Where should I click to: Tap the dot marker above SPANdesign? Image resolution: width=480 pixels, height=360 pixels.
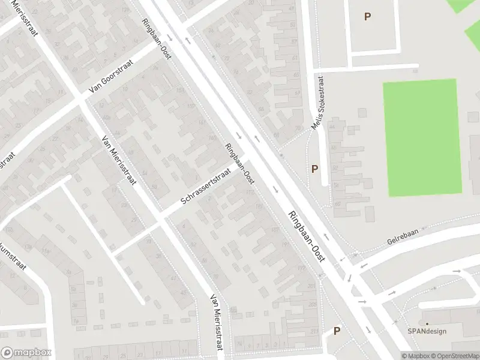(427, 324)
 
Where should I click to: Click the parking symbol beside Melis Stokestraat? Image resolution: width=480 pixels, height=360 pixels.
(314, 170)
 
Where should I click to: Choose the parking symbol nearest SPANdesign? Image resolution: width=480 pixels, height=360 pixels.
(337, 331)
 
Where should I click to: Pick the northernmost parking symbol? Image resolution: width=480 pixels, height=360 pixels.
(367, 17)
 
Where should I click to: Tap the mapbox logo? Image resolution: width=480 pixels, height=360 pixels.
(26, 353)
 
